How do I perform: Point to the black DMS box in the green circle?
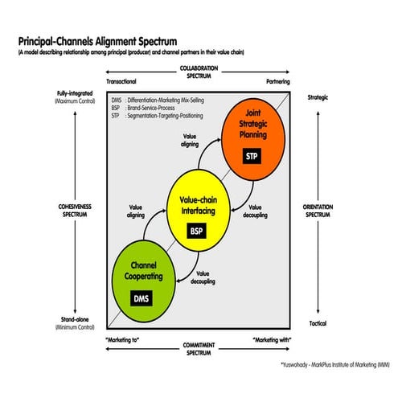point(141,299)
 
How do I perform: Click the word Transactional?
point(121,82)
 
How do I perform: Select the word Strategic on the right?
point(318,98)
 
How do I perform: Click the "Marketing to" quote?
point(123,340)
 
